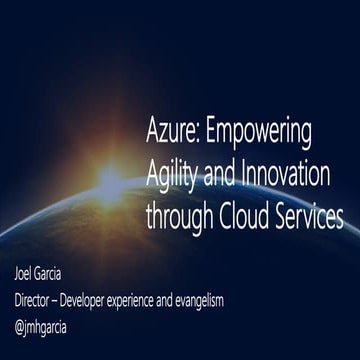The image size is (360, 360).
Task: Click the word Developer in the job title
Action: (111, 298)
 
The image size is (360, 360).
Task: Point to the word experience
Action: (173, 298)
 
